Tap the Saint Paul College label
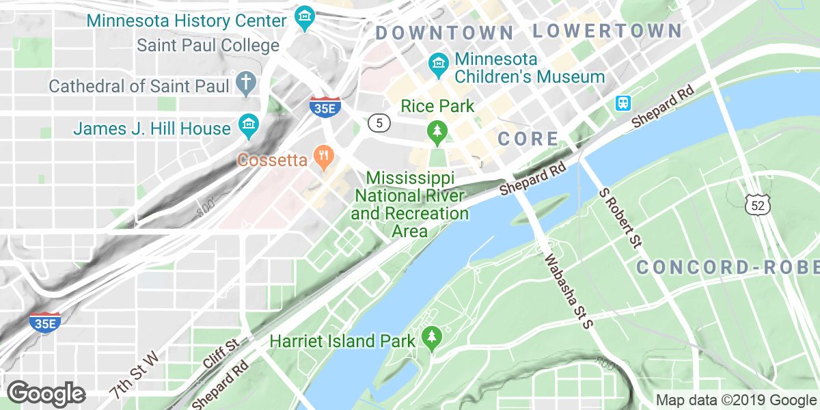[x=208, y=46]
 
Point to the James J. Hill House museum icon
[x=247, y=125]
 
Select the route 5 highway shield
[x=379, y=123]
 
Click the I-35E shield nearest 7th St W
[x=45, y=323]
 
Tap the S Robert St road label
[x=621, y=218]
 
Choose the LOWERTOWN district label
[x=607, y=31]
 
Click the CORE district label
[x=528, y=139]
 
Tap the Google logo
[x=46, y=393]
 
